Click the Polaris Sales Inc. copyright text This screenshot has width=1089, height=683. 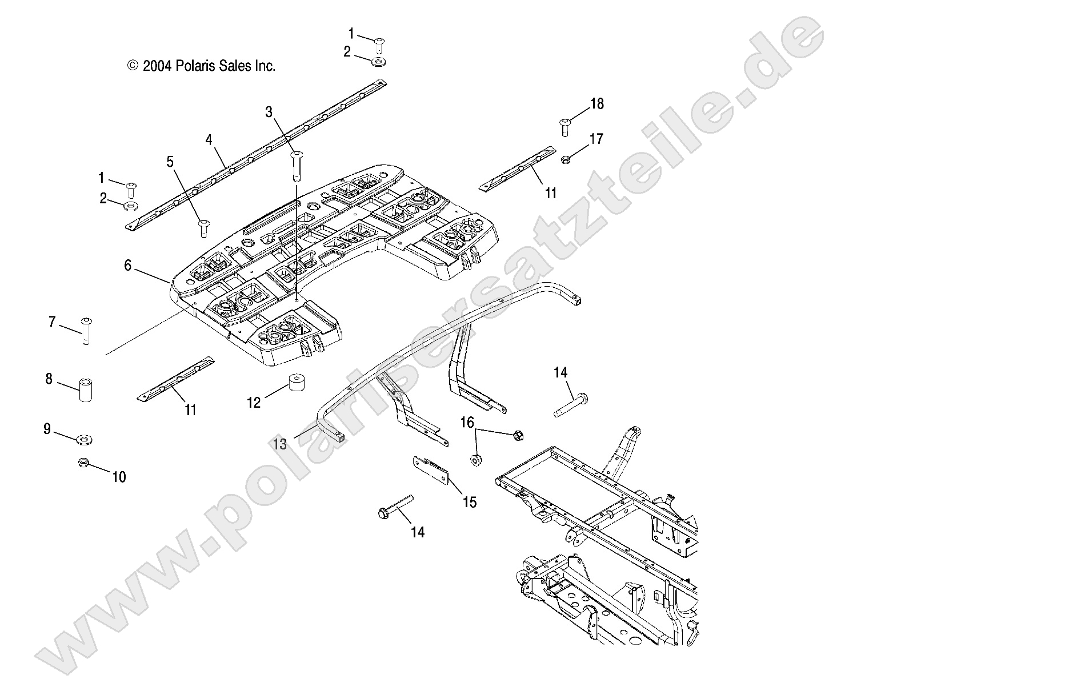pos(201,66)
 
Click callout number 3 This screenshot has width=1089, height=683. pos(269,112)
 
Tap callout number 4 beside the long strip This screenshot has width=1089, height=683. pos(209,139)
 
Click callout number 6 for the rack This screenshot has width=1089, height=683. pos(128,266)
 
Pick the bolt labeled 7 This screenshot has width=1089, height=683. pos(86,331)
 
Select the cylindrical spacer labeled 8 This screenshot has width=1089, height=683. pos(86,391)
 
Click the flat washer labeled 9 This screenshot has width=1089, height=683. pos(85,440)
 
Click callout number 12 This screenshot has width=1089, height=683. pos(253,403)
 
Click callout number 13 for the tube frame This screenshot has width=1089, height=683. pos(281,444)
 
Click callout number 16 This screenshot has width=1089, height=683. pos(467,423)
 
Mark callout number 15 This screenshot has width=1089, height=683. pos(470,503)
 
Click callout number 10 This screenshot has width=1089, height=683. pos(119,477)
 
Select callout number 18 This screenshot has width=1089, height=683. pos(596,104)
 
